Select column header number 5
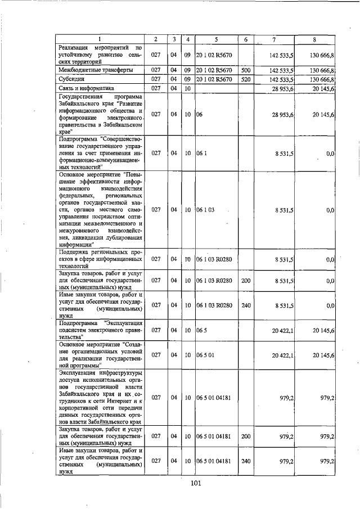point(215,39)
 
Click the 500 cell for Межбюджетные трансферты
point(245,70)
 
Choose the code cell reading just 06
point(199,114)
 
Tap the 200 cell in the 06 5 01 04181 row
point(245,436)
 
